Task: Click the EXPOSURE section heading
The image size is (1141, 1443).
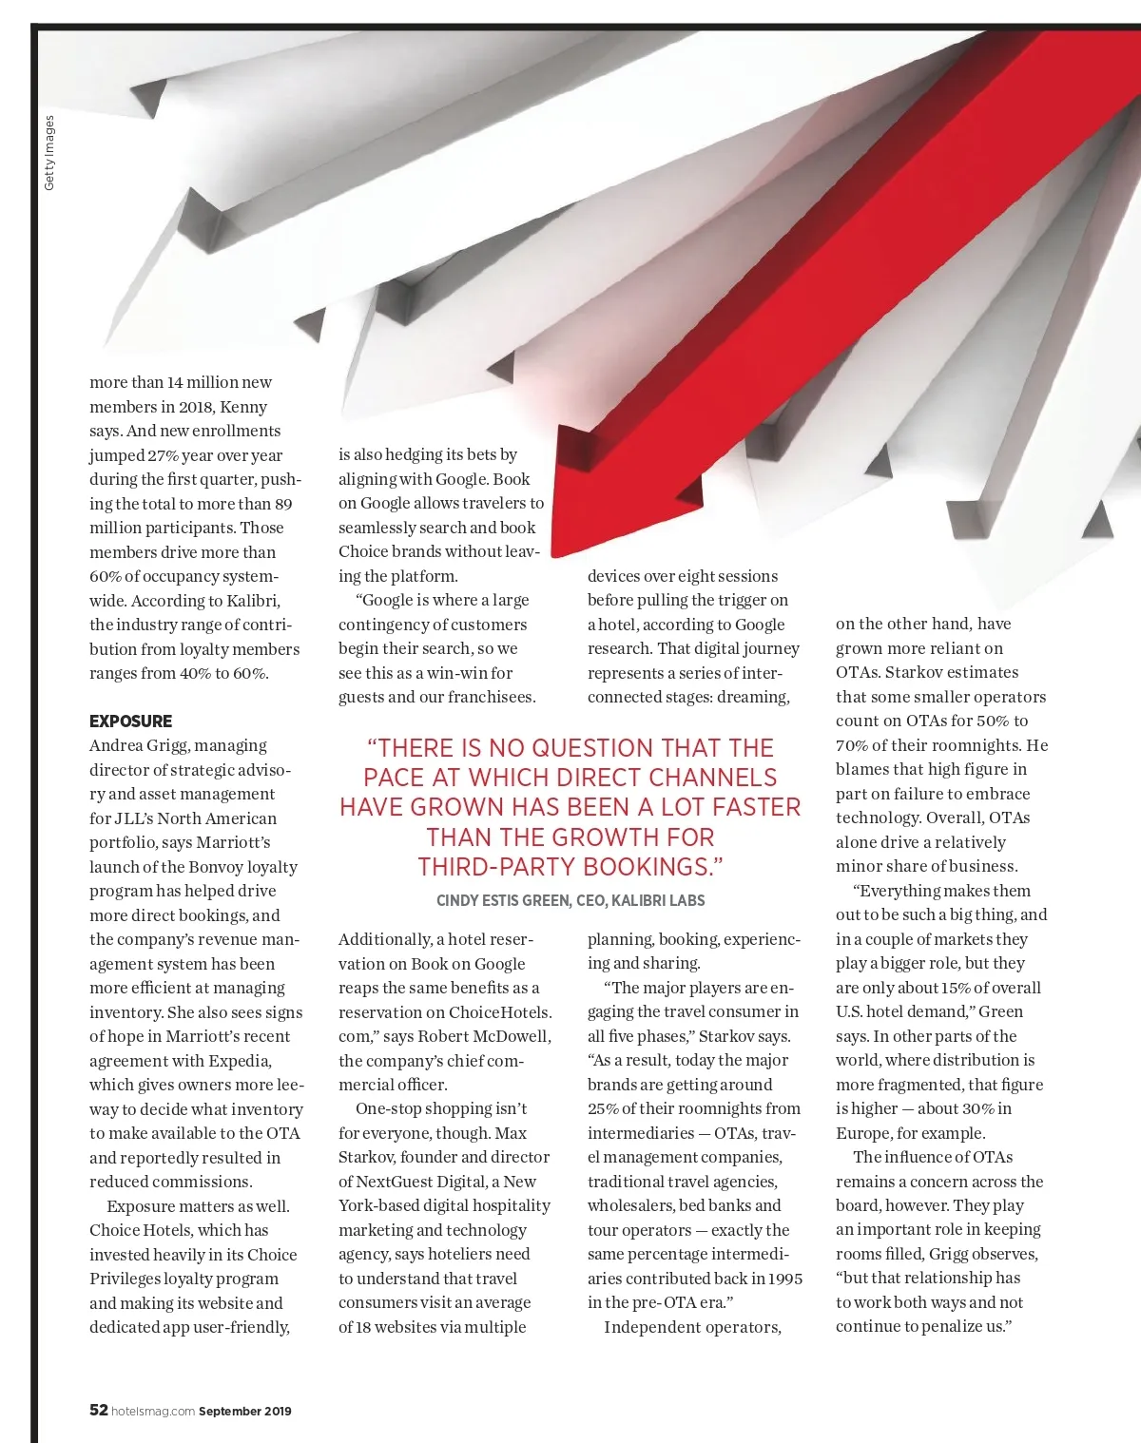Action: point(131,721)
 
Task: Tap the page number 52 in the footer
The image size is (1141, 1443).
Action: point(98,1410)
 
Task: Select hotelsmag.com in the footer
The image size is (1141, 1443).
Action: point(153,1412)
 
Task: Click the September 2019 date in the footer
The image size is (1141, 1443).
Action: point(245,1412)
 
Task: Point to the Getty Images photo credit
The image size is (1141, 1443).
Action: point(49,153)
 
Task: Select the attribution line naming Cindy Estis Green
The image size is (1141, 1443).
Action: point(570,900)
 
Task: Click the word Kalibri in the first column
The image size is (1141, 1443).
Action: point(253,601)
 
